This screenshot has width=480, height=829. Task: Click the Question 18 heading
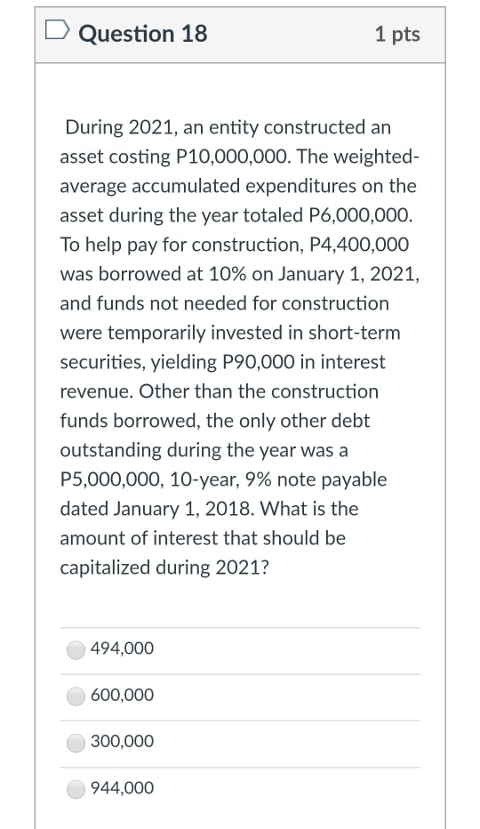(x=142, y=34)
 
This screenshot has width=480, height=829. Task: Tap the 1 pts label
(x=397, y=34)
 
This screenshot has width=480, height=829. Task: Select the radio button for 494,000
(x=77, y=650)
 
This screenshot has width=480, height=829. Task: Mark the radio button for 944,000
(x=77, y=789)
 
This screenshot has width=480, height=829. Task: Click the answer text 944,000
(x=122, y=788)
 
